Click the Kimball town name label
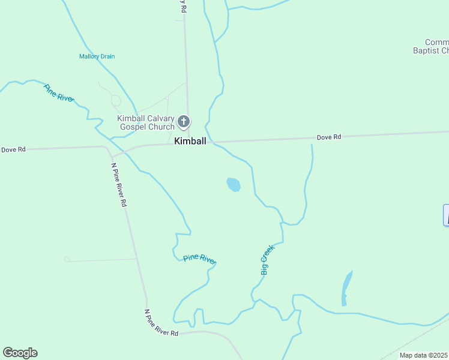[x=190, y=142]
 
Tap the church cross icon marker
[x=184, y=122]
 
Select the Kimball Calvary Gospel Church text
[x=146, y=122]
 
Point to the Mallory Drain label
[x=97, y=56]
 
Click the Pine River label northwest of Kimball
[x=58, y=92]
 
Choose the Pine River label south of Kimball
[x=199, y=258]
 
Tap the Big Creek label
[x=267, y=260]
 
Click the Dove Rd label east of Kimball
[x=328, y=137]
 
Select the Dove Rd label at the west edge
[x=13, y=149]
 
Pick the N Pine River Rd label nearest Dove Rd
[x=119, y=185]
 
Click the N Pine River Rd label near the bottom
[x=161, y=323]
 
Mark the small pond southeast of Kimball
[x=234, y=184]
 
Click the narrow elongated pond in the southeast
[x=346, y=287]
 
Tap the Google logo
[x=20, y=353]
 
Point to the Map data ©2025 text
[x=424, y=355]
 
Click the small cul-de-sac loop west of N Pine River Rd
[x=67, y=259]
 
